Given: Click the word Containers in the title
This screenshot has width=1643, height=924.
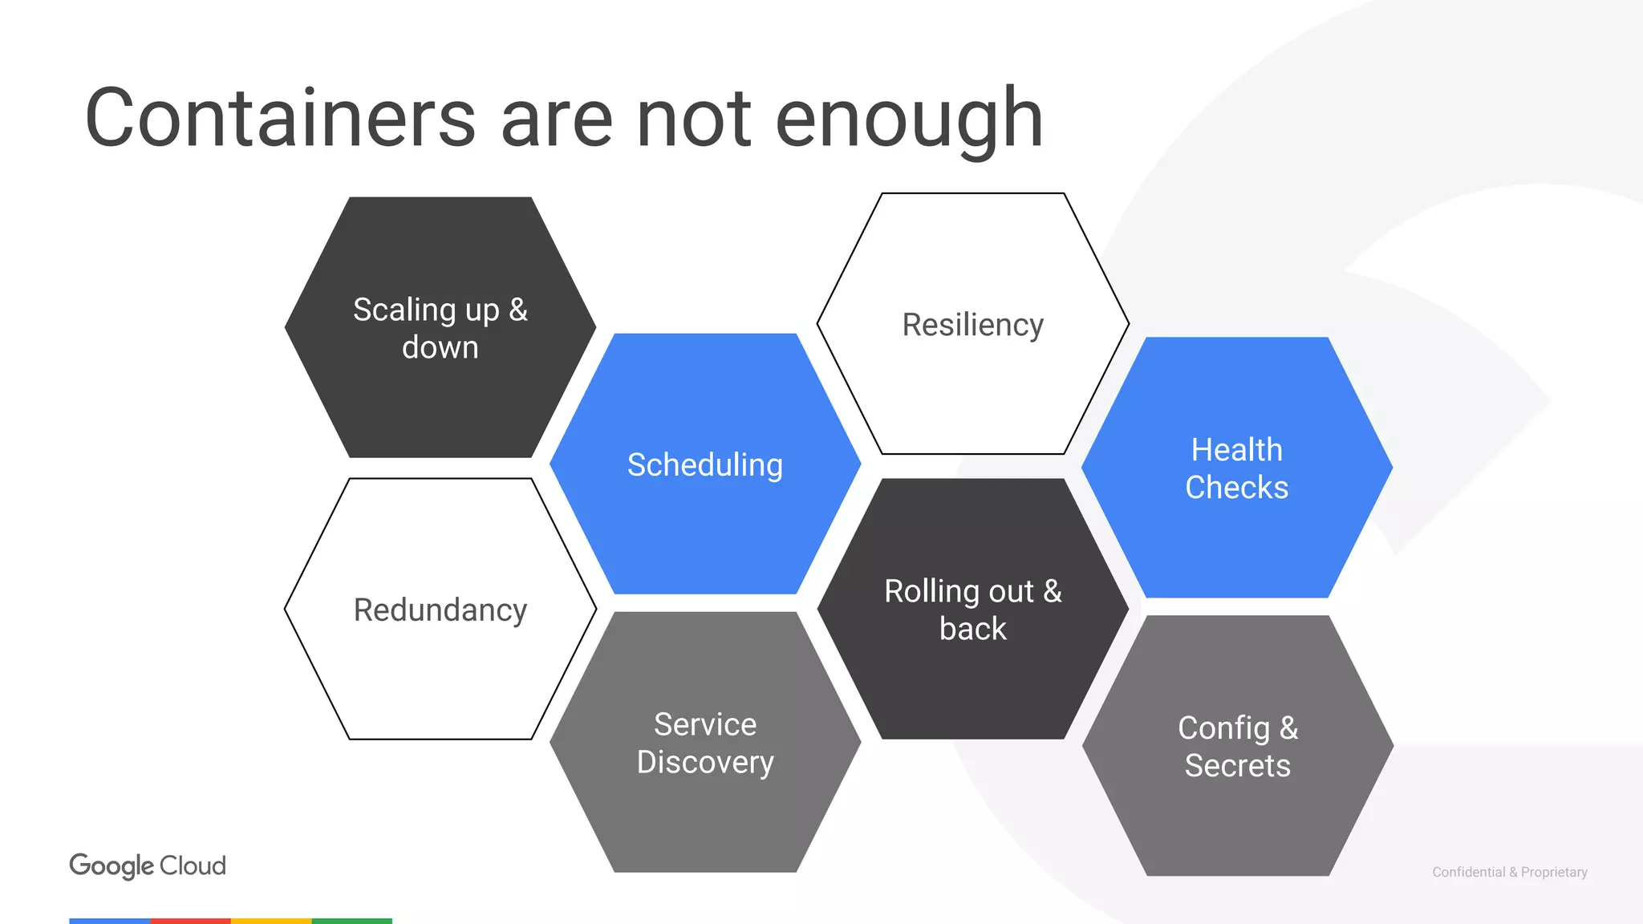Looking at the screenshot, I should (x=280, y=119).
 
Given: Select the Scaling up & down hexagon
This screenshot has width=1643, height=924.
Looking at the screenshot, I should (x=440, y=327).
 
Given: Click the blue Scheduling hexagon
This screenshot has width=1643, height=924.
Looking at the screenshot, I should (x=705, y=464).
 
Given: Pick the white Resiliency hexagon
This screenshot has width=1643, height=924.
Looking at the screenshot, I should (x=972, y=324).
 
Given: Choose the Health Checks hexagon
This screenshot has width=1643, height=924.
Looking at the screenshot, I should (x=1237, y=468).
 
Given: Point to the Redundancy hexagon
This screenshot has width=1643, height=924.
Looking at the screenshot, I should (x=440, y=609).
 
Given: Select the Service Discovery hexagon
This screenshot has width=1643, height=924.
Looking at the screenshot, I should (x=705, y=742).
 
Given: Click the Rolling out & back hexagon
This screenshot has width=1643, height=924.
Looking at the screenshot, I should (x=972, y=609).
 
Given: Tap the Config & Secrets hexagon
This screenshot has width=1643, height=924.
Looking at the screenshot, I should (x=1237, y=746).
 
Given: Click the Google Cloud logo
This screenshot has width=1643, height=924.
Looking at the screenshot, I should (x=148, y=865).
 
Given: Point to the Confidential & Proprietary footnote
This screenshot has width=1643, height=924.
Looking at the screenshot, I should (x=1509, y=872).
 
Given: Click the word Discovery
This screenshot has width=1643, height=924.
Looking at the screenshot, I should (x=705, y=762).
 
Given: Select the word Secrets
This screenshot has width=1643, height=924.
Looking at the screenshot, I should (x=1237, y=766).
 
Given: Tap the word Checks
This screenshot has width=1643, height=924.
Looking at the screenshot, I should (x=1236, y=488).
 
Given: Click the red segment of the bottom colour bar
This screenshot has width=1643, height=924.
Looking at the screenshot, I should (x=190, y=921).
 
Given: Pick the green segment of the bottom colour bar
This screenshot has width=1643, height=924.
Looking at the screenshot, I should (x=352, y=921).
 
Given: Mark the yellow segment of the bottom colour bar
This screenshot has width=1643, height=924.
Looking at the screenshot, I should (x=271, y=921).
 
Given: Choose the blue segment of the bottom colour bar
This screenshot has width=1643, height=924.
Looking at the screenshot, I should (x=110, y=921).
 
